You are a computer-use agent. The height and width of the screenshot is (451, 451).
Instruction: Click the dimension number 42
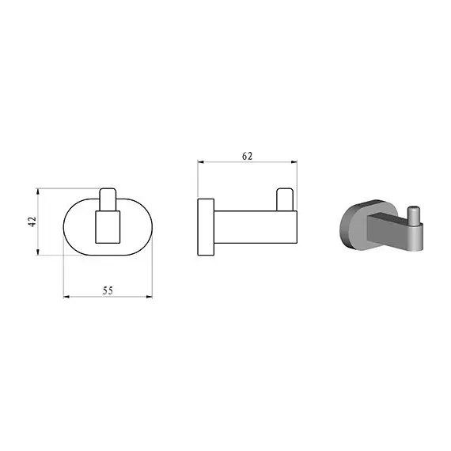click(32, 222)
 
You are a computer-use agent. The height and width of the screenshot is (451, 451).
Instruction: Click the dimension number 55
click(108, 290)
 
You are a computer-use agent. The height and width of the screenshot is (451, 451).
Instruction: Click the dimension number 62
click(248, 156)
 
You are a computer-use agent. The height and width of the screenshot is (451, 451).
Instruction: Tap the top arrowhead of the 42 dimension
click(37, 191)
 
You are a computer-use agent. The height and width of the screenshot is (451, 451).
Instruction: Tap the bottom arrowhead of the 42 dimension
click(37, 252)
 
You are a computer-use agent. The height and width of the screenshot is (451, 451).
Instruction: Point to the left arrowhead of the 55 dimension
click(66, 297)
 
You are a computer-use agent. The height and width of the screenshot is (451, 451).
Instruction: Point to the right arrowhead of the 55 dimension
click(150, 297)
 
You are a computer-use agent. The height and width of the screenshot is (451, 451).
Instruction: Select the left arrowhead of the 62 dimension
click(201, 162)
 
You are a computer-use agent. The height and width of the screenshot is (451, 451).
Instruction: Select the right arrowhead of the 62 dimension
click(294, 162)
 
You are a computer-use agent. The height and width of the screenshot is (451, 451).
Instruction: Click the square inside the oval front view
click(108, 227)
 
